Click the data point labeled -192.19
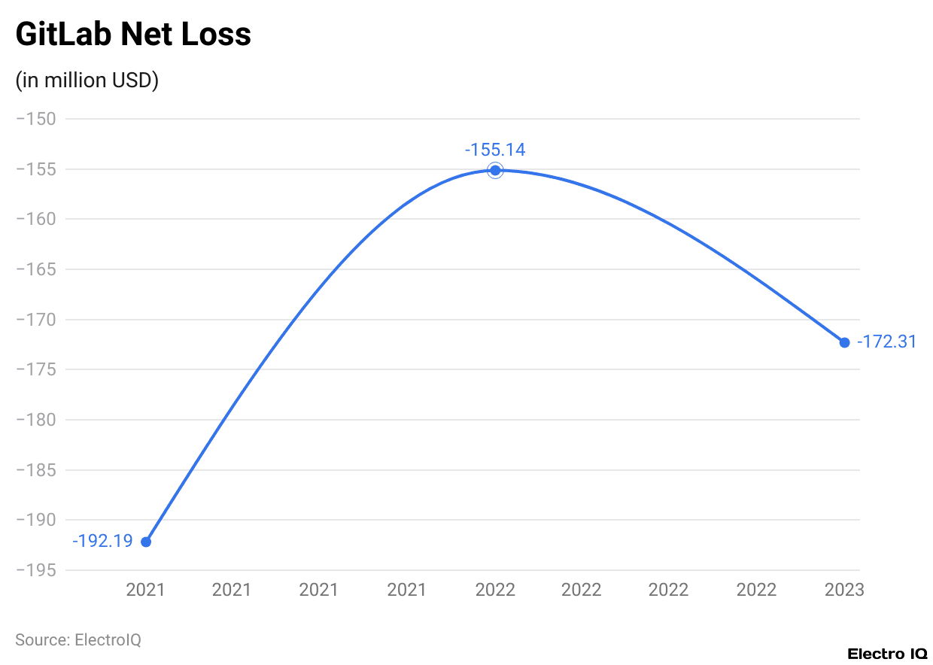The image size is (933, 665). click(x=146, y=542)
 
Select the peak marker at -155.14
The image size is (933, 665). click(x=495, y=170)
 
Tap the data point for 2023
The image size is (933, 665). click(x=844, y=342)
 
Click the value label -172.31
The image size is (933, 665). click(x=886, y=342)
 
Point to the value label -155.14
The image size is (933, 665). click(x=495, y=150)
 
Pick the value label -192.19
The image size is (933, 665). click(x=102, y=541)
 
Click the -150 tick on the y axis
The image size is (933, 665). click(x=35, y=119)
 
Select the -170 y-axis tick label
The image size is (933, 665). click(x=35, y=320)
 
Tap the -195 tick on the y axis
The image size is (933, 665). click(x=35, y=570)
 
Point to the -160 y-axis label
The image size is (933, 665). click(x=35, y=219)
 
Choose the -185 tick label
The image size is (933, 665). click(x=35, y=470)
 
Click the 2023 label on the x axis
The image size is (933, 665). click(x=844, y=590)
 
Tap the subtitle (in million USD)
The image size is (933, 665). click(x=87, y=80)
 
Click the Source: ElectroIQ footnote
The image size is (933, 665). click(x=78, y=640)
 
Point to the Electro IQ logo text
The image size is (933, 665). click(x=887, y=654)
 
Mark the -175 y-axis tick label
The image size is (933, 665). click(x=35, y=369)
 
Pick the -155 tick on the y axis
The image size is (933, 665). click(x=35, y=169)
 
